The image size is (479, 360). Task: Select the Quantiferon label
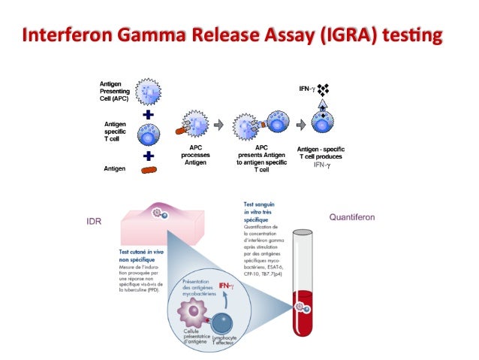353,218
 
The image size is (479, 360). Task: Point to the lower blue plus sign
149,156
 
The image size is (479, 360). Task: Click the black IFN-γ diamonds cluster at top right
324,92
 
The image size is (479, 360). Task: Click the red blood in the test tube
308,308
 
